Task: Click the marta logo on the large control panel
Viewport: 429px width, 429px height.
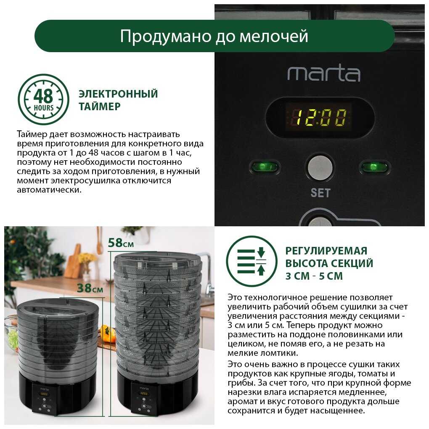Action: point(324,73)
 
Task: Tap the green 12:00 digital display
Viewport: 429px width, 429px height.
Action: point(319,117)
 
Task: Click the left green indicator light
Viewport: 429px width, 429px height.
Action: point(264,167)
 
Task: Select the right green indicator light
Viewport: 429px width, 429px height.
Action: point(374,167)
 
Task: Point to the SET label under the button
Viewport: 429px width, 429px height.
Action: point(320,193)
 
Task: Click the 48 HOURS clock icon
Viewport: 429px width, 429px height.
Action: point(43,100)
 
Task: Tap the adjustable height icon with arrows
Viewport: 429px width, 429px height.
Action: point(252,261)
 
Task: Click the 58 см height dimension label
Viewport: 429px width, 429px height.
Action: point(121,243)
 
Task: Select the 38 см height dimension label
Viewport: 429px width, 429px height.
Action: point(90,288)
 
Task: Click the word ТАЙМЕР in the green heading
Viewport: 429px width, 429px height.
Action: point(100,106)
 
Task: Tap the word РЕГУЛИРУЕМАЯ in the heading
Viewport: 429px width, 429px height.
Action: point(326,251)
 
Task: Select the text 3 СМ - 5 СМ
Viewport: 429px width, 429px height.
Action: point(314,276)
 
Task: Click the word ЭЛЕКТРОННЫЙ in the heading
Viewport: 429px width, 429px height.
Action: point(118,93)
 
